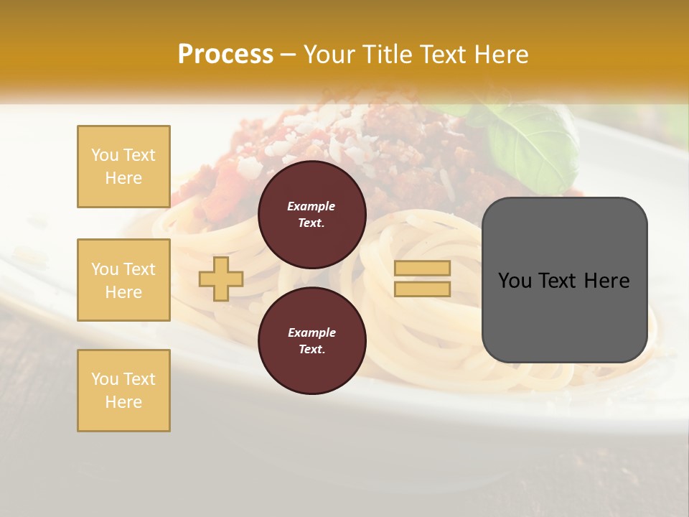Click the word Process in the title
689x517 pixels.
coord(225,54)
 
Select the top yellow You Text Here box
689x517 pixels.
coord(123,167)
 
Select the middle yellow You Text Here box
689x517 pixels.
coord(123,280)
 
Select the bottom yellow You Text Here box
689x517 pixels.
coord(123,391)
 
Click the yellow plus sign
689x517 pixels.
coord(221,279)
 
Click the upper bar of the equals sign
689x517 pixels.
coord(422,269)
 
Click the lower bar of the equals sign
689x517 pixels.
coord(422,289)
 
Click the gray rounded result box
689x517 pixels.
coord(564,316)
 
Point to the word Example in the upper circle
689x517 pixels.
coord(311,206)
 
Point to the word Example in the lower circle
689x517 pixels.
coord(311,332)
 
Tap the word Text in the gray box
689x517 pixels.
coord(557,281)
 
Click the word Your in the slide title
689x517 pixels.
coord(328,54)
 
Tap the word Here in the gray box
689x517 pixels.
coord(606,281)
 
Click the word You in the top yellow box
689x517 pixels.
coord(105,155)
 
